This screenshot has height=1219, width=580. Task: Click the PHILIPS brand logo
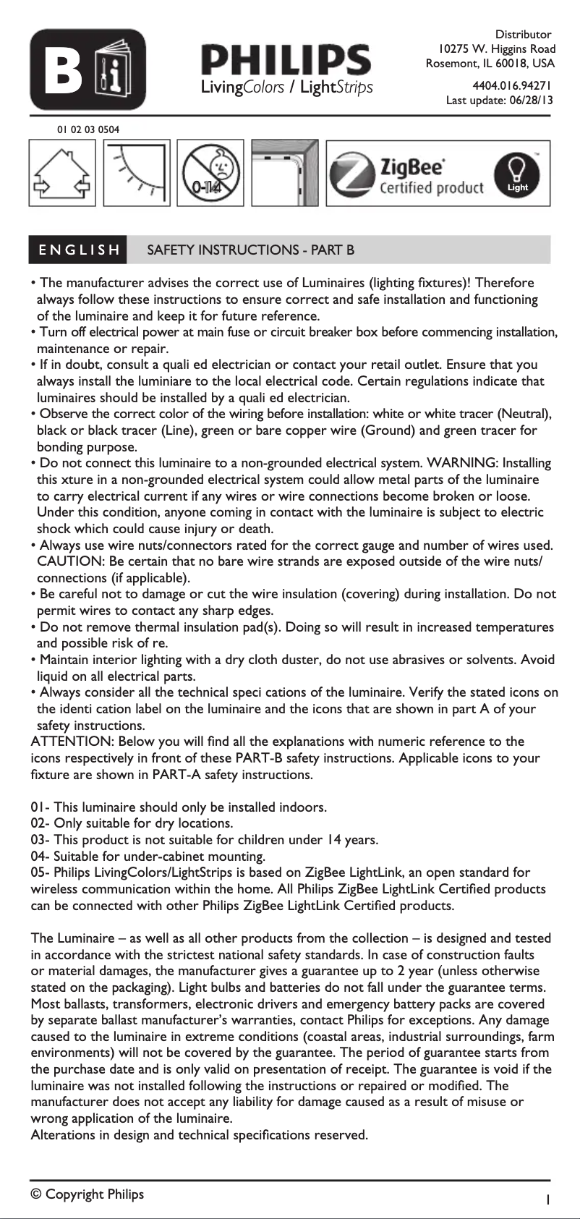(286, 59)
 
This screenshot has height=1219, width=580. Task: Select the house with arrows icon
(62, 174)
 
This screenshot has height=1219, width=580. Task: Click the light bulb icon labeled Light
(517, 174)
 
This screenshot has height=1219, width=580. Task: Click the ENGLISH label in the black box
(78, 250)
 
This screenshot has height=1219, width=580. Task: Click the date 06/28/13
(532, 101)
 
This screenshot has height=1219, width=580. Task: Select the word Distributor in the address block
(523, 35)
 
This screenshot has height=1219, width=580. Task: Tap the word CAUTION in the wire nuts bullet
(69, 561)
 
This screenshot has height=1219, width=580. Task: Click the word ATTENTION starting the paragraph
(71, 742)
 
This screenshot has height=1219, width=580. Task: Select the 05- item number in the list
(40, 872)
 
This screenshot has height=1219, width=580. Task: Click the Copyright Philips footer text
(88, 1194)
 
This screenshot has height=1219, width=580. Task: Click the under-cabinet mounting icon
(285, 174)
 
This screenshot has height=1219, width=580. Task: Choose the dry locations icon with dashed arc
(137, 174)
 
